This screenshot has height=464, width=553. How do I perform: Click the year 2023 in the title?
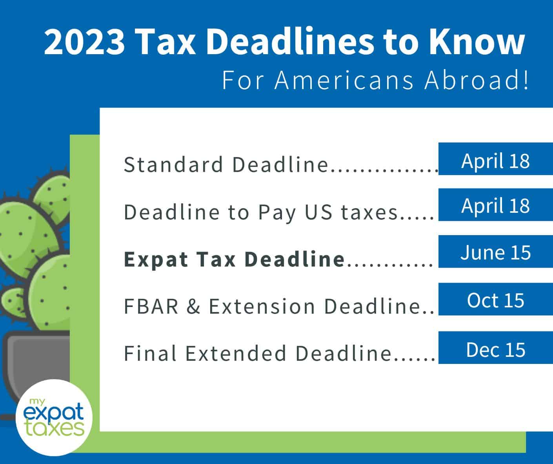click(x=84, y=42)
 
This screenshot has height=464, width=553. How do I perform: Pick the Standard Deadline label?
click(x=226, y=164)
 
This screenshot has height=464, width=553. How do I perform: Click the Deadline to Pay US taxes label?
click(x=261, y=212)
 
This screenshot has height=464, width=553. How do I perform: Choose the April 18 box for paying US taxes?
click(x=495, y=205)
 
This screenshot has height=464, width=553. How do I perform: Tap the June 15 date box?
click(x=495, y=252)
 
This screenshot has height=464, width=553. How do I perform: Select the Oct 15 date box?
click(x=495, y=300)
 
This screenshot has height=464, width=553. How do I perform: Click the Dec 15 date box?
click(x=495, y=348)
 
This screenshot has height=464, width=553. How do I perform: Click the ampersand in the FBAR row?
click(x=193, y=307)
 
